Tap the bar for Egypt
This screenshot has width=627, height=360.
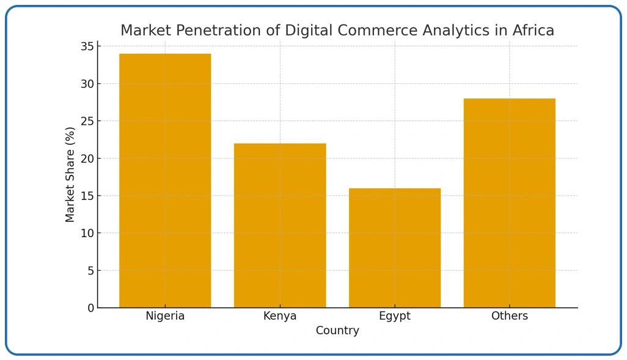tap(395, 248)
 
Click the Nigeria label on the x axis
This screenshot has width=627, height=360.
tap(165, 316)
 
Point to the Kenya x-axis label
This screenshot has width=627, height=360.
tap(280, 316)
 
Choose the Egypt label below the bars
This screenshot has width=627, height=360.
tap(395, 316)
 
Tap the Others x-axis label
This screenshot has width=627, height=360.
tap(510, 316)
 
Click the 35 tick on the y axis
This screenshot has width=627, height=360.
tap(87, 46)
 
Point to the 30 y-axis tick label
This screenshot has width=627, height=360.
tap(87, 84)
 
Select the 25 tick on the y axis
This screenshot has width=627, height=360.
tap(87, 121)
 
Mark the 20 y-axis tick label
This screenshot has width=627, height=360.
tap(87, 158)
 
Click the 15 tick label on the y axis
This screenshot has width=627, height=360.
tap(87, 196)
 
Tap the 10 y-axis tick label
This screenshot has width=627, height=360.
tap(87, 233)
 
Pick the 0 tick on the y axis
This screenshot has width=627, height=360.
tap(91, 307)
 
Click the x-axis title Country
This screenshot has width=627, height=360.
tap(337, 331)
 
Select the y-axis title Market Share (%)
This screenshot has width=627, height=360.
tap(70, 174)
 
